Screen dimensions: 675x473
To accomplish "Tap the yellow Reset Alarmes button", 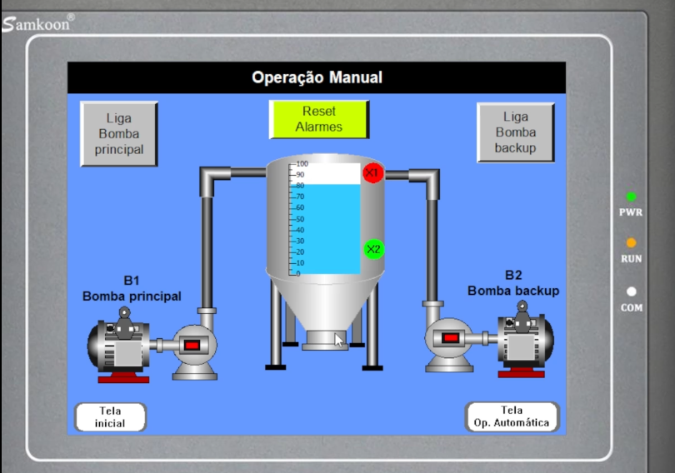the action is click(x=319, y=120).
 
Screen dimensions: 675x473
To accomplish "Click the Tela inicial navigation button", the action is click(x=111, y=416).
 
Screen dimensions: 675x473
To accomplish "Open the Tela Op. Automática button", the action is click(x=512, y=416).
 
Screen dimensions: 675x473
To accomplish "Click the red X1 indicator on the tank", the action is click(x=372, y=173).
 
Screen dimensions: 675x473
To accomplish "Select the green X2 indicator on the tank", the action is click(x=374, y=249).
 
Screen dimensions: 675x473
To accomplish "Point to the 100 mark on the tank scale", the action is click(x=302, y=164).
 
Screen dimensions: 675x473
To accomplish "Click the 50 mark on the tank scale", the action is click(x=300, y=219).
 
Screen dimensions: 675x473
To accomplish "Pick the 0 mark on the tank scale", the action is click(x=297, y=273).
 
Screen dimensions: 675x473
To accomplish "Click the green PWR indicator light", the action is click(x=631, y=197).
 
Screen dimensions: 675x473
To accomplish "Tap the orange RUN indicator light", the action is click(x=631, y=243).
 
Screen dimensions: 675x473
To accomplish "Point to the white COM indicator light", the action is click(x=632, y=291).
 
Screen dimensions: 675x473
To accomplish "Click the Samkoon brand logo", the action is click(x=37, y=23).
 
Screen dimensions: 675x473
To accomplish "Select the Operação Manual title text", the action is click(x=317, y=77).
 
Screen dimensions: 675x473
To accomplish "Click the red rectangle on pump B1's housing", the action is click(x=192, y=346).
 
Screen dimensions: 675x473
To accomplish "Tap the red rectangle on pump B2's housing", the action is click(x=451, y=338).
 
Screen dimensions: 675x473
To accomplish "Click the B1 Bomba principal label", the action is click(x=132, y=288).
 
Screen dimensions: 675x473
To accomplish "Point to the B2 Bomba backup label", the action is click(x=513, y=283).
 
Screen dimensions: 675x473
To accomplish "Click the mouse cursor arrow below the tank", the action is click(x=338, y=340).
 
